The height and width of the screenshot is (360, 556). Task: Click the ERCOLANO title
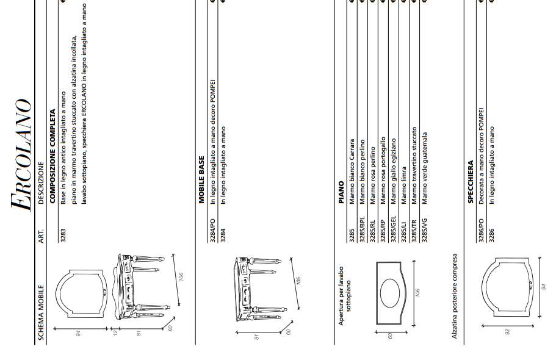coord(21,155)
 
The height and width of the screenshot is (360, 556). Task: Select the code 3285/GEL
coord(394,229)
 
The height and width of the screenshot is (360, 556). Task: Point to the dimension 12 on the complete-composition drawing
coord(115,331)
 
